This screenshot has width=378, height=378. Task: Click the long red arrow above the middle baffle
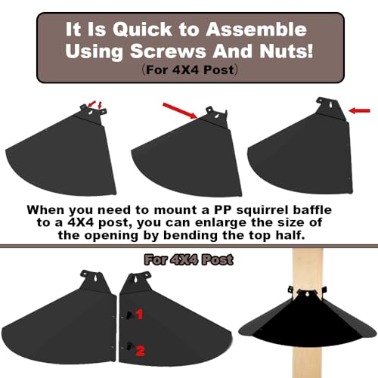point(179,107)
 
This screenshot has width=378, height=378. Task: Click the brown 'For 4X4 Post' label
point(188,261)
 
